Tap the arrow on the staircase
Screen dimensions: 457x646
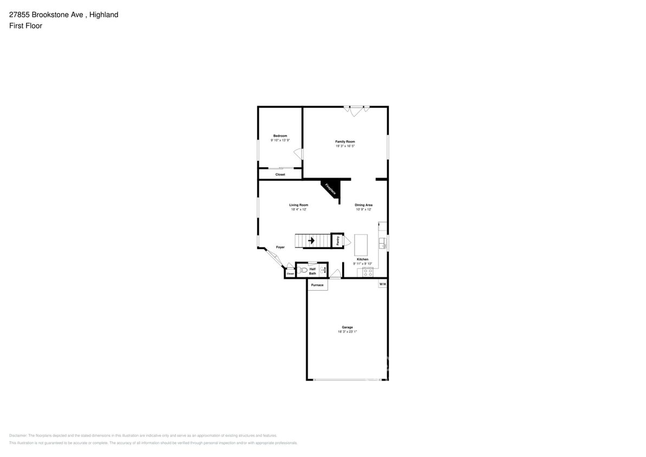pos(312,240)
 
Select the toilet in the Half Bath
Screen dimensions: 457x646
pos(303,269)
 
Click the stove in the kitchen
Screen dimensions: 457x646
pos(368,271)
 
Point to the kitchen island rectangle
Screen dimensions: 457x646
pos(361,245)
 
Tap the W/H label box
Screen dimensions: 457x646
pos(382,284)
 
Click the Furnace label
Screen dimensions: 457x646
pos(317,285)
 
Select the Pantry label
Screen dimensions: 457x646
pos(337,240)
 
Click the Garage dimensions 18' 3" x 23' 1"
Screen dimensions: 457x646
pos(347,331)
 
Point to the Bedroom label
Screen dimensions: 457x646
pos(280,135)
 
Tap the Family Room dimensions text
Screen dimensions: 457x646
pos(345,146)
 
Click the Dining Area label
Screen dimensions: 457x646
pos(363,205)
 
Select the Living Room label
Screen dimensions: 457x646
pos(298,205)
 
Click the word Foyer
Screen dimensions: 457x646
pos(280,247)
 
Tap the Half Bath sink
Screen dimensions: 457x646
pos(323,269)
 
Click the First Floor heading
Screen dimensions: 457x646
pos(25,25)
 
